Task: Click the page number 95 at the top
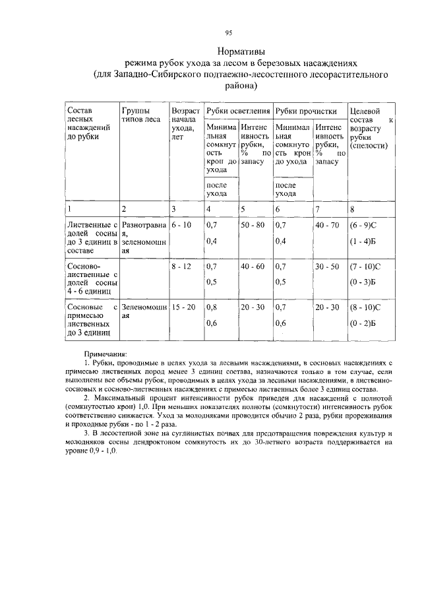click(228, 32)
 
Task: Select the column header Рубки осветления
click(237, 111)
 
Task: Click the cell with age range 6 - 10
click(181, 226)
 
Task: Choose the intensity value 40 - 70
click(327, 226)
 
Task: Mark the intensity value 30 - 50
click(327, 267)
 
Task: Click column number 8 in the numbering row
click(353, 209)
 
